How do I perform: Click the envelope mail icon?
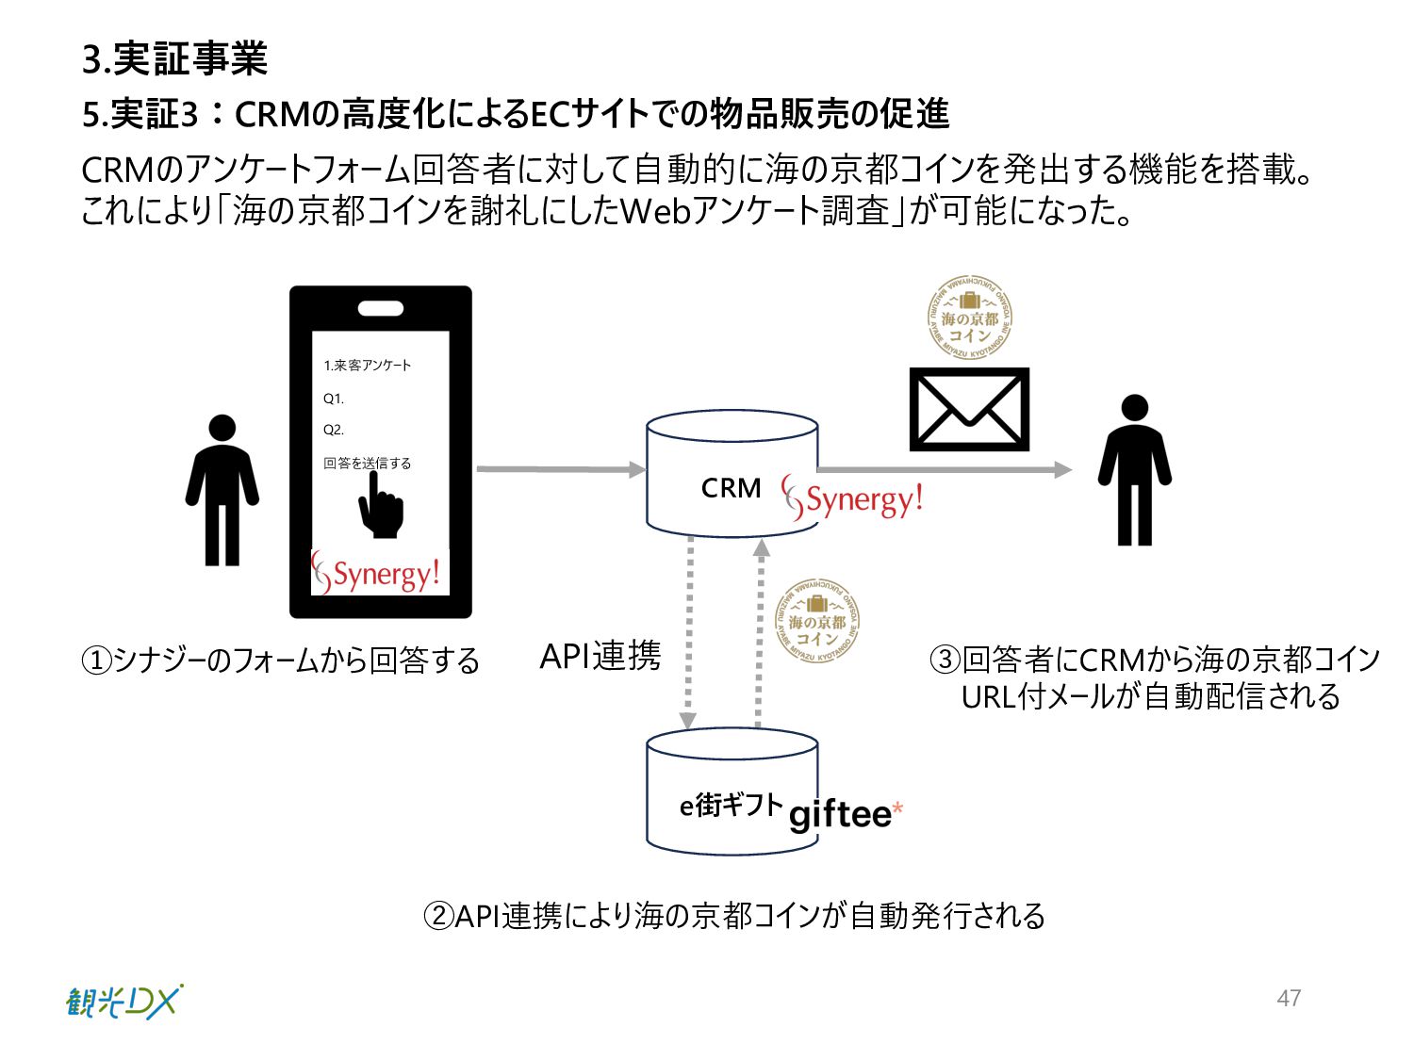pyautogui.click(x=968, y=410)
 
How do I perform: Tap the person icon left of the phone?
pyautogui.click(x=222, y=490)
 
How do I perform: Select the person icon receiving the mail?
pyautogui.click(x=1134, y=471)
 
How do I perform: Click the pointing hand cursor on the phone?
pyautogui.click(x=380, y=506)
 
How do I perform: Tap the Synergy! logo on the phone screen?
pyautogui.click(x=378, y=574)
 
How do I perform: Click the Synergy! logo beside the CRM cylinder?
pyautogui.click(x=852, y=498)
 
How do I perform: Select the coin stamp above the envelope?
pyautogui.click(x=969, y=318)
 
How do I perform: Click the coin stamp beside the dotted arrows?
pyautogui.click(x=816, y=621)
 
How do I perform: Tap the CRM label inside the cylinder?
pyautogui.click(x=731, y=488)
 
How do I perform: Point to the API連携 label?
pyautogui.click(x=600, y=656)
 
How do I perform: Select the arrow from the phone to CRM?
pyautogui.click(x=561, y=468)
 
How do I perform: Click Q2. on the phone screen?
pyautogui.click(x=334, y=430)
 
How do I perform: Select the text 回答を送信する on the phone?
pyautogui.click(x=368, y=463)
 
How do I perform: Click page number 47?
pyautogui.click(x=1289, y=998)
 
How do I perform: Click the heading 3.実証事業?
pyautogui.click(x=175, y=58)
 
